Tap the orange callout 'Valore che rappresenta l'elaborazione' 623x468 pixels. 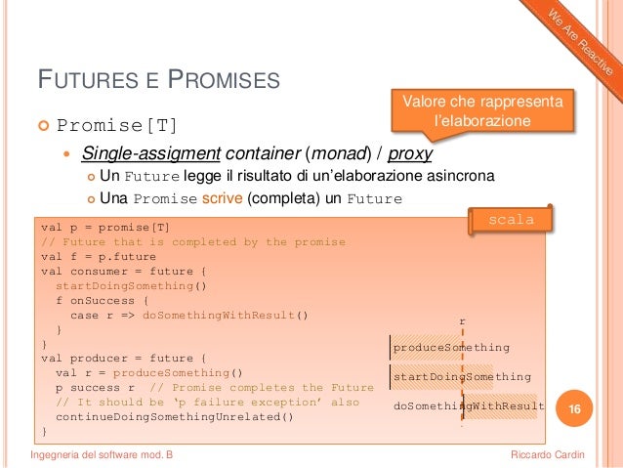[x=482, y=110]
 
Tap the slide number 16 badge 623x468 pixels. [x=575, y=408]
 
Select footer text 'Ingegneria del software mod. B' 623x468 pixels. [x=104, y=454]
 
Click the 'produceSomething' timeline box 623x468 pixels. [x=451, y=347]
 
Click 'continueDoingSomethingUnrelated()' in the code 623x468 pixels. [x=175, y=417]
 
